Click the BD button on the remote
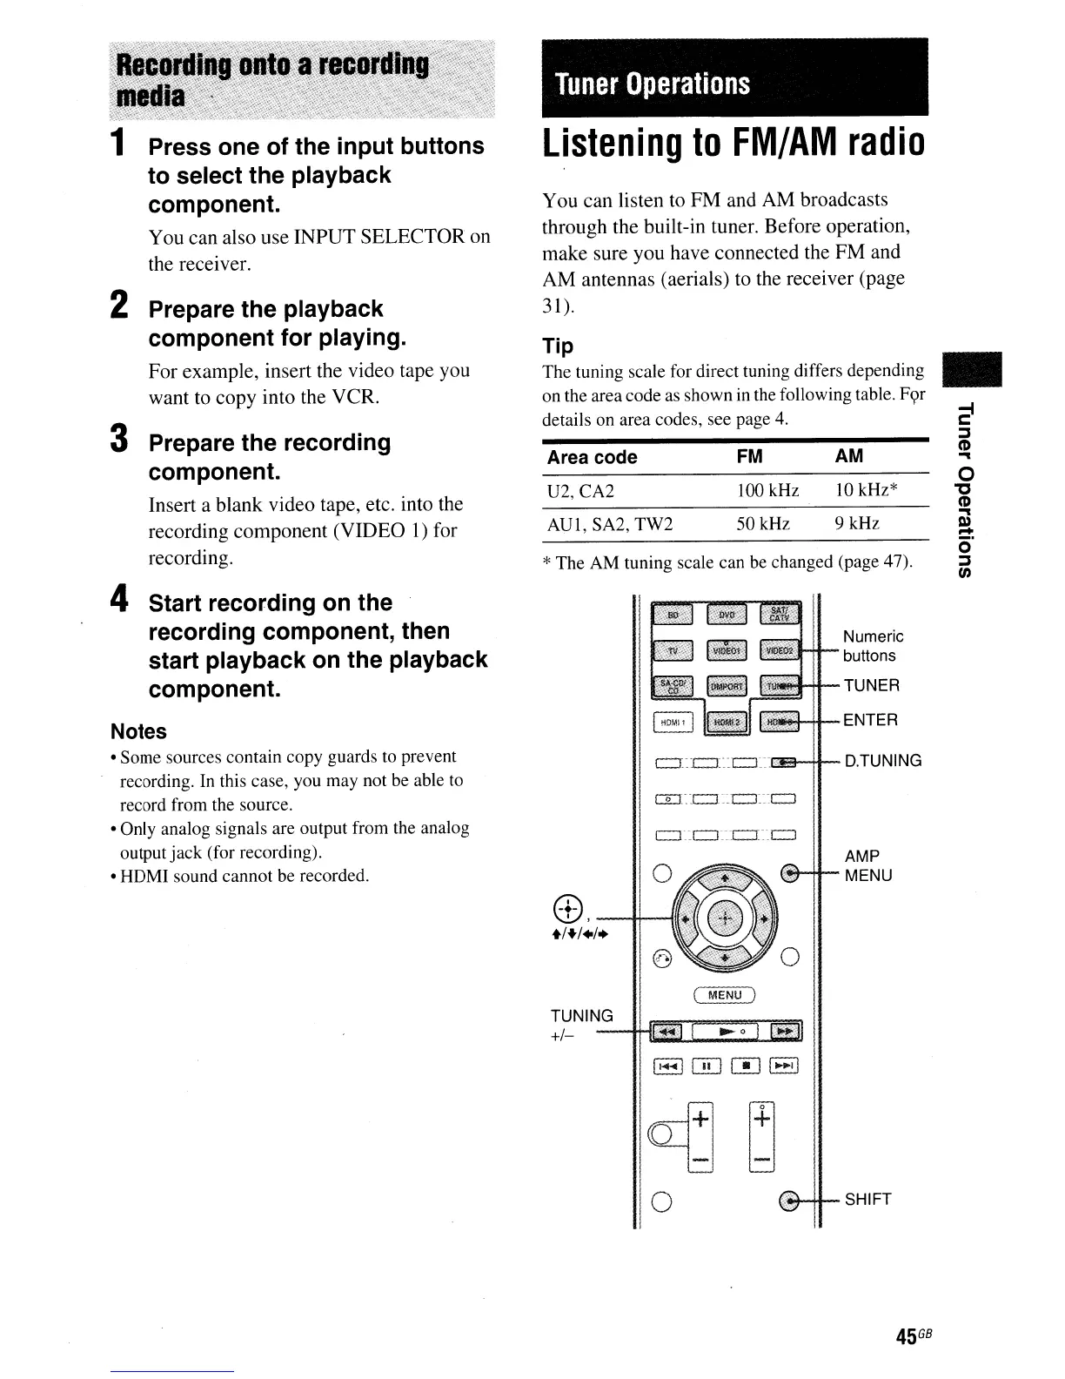pyautogui.click(x=673, y=616)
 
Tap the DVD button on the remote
pyautogui.click(x=727, y=616)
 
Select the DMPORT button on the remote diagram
pyautogui.click(x=727, y=687)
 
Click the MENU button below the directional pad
pyautogui.click(x=725, y=995)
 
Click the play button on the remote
pyautogui.click(x=725, y=1032)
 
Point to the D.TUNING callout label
pyautogui.click(x=883, y=761)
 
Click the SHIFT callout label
pyautogui.click(x=867, y=1200)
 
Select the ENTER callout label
pyautogui.click(x=870, y=720)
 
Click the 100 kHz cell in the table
pyautogui.click(x=767, y=491)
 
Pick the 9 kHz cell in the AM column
pyautogui.click(x=857, y=523)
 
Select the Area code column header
pyautogui.click(x=592, y=457)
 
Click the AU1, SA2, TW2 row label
pyautogui.click(x=608, y=523)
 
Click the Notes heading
pyautogui.click(x=138, y=731)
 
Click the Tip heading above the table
pyautogui.click(x=558, y=346)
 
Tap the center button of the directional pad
pyautogui.click(x=724, y=919)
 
